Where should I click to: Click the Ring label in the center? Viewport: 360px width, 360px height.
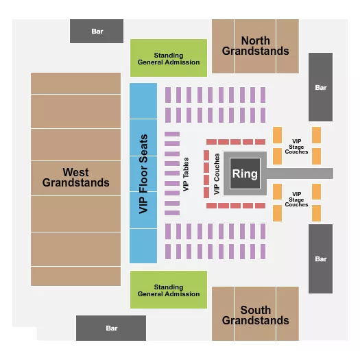tap(245, 173)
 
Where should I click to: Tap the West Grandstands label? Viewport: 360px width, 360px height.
tap(75, 178)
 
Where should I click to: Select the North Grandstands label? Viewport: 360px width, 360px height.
tap(255, 45)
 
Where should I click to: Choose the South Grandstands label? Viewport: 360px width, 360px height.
tap(255, 315)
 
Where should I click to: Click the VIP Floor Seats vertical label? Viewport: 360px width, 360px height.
tap(143, 173)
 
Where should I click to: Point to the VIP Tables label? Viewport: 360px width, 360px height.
tap(186, 174)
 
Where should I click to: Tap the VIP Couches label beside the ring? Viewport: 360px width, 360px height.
tap(217, 174)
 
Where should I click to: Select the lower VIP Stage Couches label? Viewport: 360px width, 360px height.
tap(296, 200)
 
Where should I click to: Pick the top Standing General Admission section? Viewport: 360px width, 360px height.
tap(169, 58)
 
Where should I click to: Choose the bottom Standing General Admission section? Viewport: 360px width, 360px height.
tap(169, 291)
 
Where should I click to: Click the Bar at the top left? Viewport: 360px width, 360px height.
tap(97, 32)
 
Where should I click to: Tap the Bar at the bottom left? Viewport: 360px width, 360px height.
tap(111, 328)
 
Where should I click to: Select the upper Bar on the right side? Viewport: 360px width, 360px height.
tap(320, 87)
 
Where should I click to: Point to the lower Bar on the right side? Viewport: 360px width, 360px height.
tap(320, 259)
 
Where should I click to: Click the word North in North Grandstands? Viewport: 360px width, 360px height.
tap(255, 40)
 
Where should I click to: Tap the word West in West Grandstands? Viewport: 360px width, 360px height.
tap(75, 172)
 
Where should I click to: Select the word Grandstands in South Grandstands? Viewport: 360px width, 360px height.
tap(255, 320)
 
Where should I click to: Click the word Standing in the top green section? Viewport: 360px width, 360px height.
tap(169, 55)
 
